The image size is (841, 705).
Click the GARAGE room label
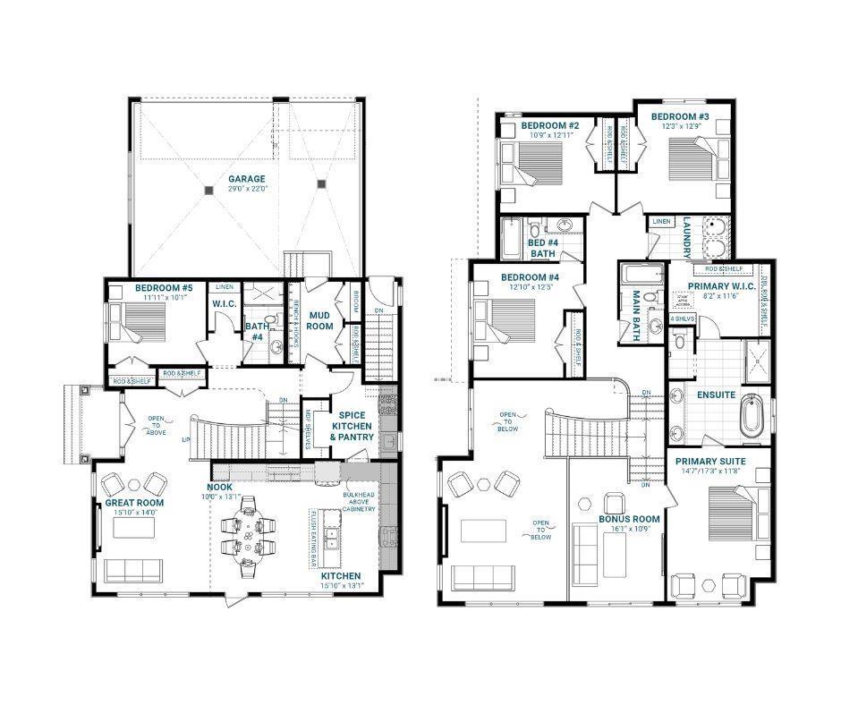(x=246, y=179)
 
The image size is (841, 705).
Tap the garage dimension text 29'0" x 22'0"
(x=246, y=190)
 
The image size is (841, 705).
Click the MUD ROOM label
(x=320, y=320)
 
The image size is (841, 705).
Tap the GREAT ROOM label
(x=133, y=503)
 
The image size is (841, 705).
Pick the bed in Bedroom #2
(x=536, y=164)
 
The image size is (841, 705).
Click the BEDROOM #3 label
(x=679, y=117)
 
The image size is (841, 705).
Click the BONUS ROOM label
(x=629, y=519)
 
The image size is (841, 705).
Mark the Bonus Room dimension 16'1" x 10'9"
(x=629, y=529)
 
